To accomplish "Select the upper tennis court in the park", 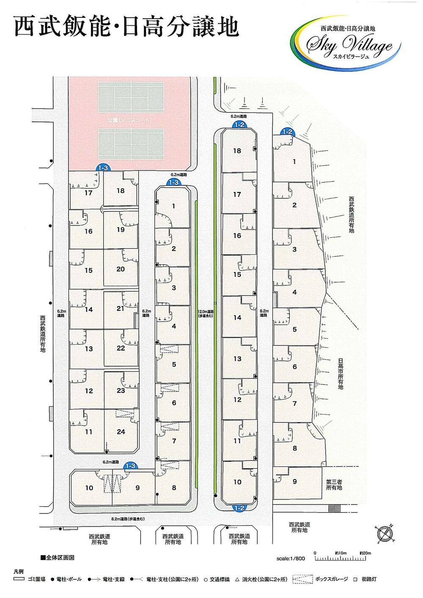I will pos(131,98).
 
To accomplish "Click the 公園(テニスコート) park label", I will pos(129,121).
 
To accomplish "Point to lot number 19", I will pos(121,230).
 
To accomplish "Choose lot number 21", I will pos(121,308).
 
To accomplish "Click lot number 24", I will pos(121,432).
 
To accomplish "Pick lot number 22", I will pos(121,348).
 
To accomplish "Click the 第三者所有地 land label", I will pos(334,484).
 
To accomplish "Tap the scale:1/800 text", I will pos(291,558).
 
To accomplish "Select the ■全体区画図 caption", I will pos(57,558).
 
